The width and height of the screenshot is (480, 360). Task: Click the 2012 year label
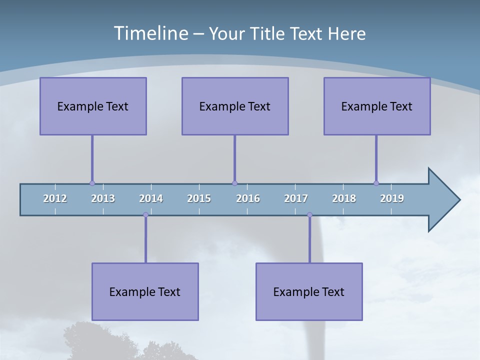point(55,198)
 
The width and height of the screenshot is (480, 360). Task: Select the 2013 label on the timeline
point(103,198)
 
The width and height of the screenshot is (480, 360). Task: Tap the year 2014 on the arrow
point(151,198)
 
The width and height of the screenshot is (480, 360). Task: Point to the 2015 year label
point(199,198)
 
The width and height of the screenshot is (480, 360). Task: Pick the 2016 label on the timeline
point(248,198)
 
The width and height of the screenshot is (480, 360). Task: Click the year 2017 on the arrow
point(296,198)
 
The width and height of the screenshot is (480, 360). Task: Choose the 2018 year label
point(344,198)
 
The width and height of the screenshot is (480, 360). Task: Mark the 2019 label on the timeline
point(392,198)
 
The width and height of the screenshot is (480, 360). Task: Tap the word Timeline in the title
point(149,33)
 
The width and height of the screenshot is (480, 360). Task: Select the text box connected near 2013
point(93,106)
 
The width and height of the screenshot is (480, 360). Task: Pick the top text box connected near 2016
point(235,106)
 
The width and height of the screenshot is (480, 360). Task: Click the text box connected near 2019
point(377,106)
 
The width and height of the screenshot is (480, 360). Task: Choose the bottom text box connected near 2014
point(145,291)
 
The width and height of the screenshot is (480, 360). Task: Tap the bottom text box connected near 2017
point(309,291)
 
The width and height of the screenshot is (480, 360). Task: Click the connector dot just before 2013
point(92,183)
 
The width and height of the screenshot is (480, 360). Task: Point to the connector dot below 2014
point(145,215)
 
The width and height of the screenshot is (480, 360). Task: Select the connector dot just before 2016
point(234,183)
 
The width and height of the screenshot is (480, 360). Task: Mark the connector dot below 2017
point(309,215)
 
